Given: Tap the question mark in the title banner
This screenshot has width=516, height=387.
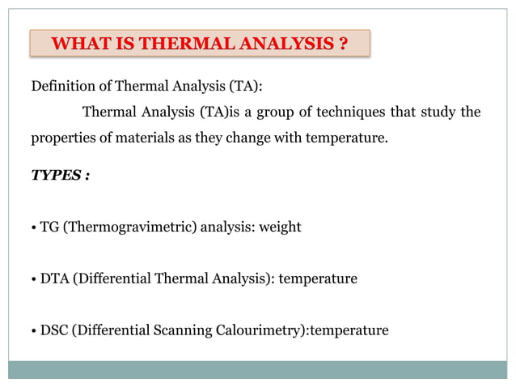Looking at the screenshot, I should coord(344,44).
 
